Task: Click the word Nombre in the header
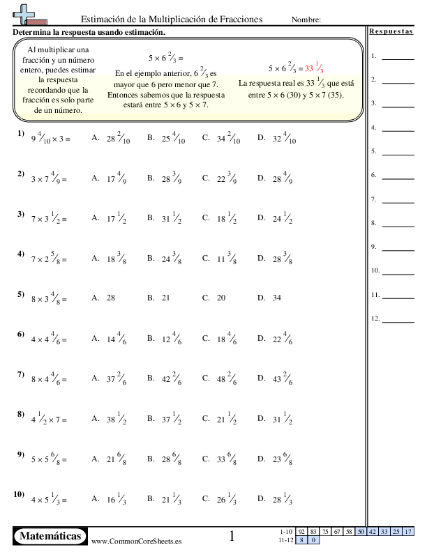[x=306, y=20]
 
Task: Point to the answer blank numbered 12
[x=398, y=321]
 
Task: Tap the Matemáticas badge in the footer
[x=51, y=536]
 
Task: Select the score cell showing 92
[x=301, y=532]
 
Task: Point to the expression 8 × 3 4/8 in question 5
[x=49, y=298]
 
